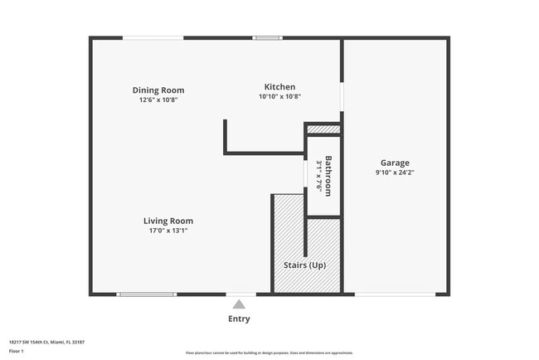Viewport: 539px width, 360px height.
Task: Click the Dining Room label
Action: click(158, 90)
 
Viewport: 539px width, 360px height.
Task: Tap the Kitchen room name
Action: click(279, 87)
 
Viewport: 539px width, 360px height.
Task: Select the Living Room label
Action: click(168, 221)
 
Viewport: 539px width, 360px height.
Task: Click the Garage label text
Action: click(395, 163)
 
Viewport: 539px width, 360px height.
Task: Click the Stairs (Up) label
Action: click(306, 265)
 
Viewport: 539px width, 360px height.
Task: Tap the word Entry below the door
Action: click(239, 319)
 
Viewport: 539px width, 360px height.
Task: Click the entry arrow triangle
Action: click(239, 304)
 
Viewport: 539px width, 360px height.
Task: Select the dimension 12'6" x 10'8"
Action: click(158, 100)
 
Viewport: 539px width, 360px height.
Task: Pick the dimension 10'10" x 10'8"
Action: click(279, 96)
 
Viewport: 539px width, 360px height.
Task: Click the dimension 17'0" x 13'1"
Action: click(168, 231)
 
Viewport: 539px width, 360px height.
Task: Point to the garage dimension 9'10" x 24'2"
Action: click(395, 173)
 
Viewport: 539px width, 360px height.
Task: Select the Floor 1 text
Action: click(17, 350)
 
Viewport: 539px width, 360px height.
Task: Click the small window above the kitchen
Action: click(267, 37)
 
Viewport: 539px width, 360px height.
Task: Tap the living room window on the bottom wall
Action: click(146, 294)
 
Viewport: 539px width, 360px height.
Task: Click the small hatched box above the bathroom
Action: click(323, 129)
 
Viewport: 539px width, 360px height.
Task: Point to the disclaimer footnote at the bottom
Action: click(269, 353)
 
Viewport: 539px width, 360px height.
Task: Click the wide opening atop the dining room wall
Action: click(153, 37)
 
